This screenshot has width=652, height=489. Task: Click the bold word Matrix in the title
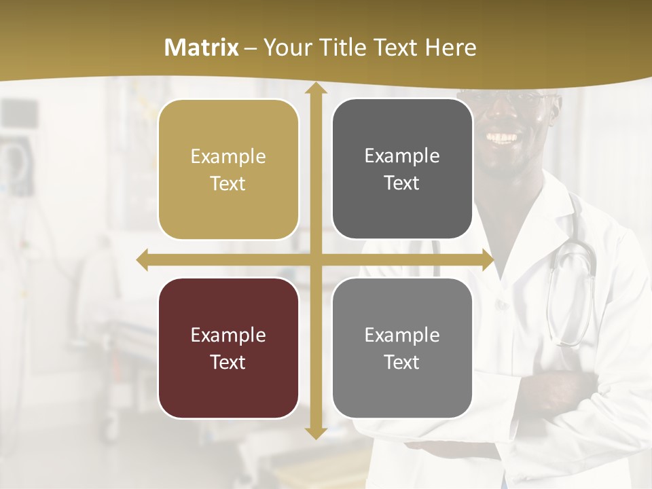click(x=202, y=48)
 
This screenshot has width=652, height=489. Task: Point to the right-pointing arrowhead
click(x=488, y=260)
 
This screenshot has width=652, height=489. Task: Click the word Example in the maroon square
click(x=228, y=335)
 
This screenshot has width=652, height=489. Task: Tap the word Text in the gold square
click(x=228, y=183)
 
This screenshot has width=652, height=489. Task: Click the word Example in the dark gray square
click(x=402, y=156)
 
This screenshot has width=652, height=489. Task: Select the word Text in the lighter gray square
click(x=402, y=362)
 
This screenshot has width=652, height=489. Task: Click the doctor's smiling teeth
click(x=504, y=138)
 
